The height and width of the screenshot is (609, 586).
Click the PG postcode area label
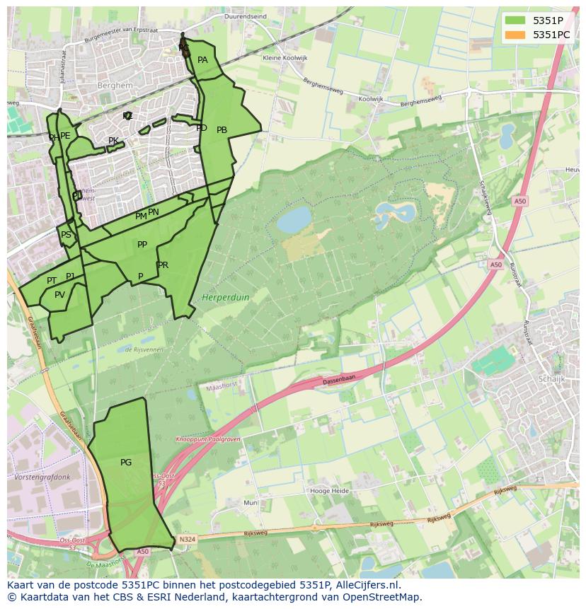[126, 463]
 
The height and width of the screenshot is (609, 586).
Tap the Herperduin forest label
[226, 298]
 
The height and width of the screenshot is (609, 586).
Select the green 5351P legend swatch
[515, 20]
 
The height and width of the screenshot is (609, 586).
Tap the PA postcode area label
[202, 60]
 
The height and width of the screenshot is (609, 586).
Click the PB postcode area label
[222, 130]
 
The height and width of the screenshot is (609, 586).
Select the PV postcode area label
[59, 295]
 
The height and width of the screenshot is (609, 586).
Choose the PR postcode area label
[163, 265]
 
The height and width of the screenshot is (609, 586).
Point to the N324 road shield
[186, 539]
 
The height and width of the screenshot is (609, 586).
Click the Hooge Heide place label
[330, 490]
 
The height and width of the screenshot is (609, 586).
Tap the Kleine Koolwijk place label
[283, 58]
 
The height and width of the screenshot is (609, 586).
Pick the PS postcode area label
[66, 235]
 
